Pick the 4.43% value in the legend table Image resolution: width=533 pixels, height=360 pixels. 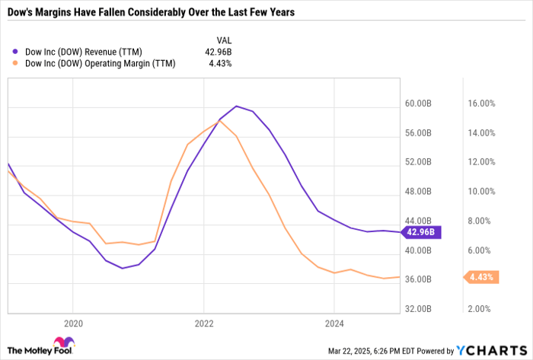(220, 64)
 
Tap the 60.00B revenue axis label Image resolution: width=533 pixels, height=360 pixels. (419, 104)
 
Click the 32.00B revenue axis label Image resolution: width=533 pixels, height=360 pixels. (419, 309)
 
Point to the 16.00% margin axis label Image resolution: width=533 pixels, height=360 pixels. (480, 104)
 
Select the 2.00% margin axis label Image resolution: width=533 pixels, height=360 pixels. (480, 309)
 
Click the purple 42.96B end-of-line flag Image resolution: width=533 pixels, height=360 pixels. (420, 231)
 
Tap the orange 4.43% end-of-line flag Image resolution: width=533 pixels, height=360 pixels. (480, 277)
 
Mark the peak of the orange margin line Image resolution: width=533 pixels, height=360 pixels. (220, 120)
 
